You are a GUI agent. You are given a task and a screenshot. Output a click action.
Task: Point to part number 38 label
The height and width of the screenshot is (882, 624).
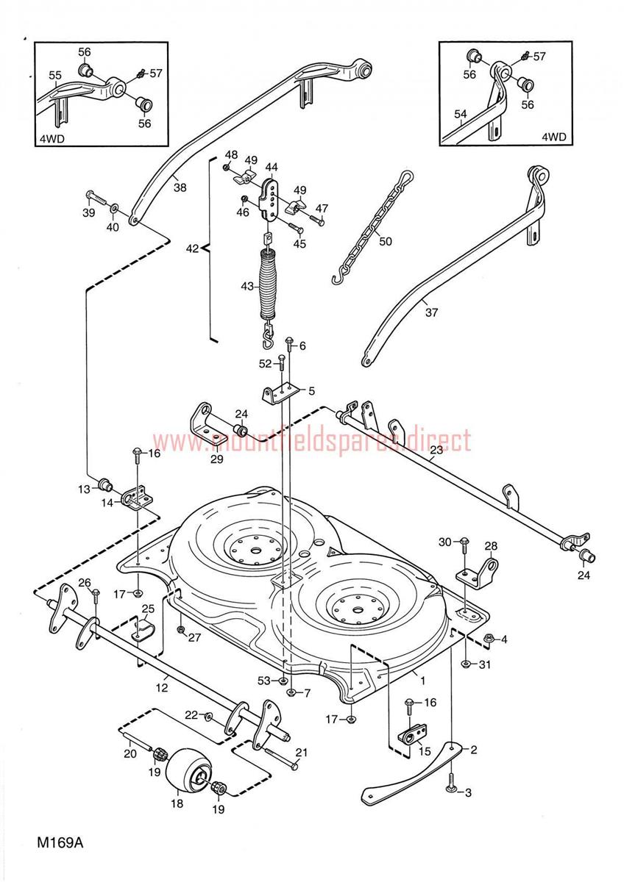[180, 187]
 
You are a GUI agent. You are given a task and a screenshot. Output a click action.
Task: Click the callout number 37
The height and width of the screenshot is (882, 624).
[431, 312]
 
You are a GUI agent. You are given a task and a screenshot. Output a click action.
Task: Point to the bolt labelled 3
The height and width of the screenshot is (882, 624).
[450, 784]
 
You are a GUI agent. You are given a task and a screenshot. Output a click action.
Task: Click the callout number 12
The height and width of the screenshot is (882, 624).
[161, 688]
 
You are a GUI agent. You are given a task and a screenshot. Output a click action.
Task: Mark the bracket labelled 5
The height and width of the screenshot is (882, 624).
[280, 392]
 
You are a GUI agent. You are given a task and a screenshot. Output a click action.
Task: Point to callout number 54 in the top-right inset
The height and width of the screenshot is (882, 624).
[460, 115]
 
